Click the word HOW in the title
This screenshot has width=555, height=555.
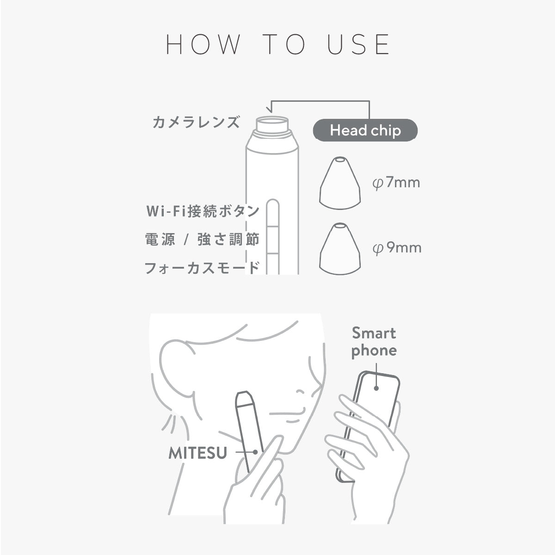point(203,44)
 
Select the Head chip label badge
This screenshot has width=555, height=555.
point(365,131)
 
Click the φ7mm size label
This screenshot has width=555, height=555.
point(396,183)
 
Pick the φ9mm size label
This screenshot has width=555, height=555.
point(397,248)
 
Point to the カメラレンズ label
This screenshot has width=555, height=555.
point(197,122)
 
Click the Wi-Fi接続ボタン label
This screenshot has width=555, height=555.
point(203,211)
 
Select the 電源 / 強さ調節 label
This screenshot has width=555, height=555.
point(202,240)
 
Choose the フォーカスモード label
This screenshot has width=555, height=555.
point(202,268)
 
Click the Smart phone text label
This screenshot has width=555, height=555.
point(374,342)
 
